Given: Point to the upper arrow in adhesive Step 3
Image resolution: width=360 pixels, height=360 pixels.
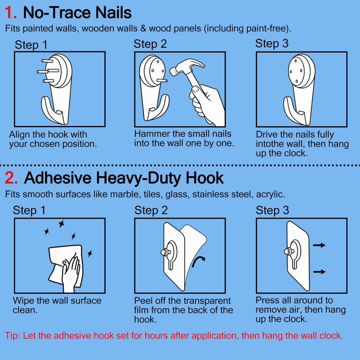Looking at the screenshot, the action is (x=319, y=245).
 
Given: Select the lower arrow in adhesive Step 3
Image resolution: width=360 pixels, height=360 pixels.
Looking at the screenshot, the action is (x=319, y=271).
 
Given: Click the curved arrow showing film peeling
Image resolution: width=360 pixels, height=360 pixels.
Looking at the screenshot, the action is (x=198, y=262).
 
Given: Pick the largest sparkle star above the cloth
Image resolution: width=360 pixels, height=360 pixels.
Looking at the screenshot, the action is (x=61, y=224).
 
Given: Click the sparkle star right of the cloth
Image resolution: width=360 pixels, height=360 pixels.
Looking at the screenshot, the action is (x=90, y=253).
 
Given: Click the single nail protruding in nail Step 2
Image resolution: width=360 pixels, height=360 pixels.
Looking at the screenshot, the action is (x=162, y=81).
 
